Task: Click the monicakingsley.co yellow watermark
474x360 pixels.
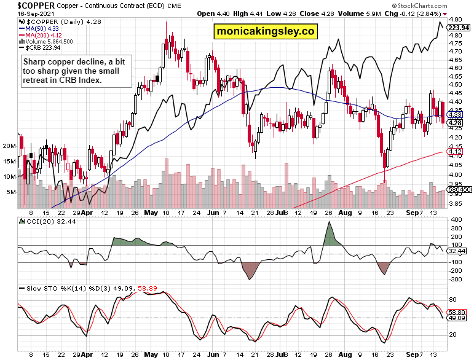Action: tap(265, 31)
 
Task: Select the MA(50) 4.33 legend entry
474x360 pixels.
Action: tap(38, 27)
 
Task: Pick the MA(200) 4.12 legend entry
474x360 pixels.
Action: tap(41, 34)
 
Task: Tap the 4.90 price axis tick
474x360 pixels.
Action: tap(455, 19)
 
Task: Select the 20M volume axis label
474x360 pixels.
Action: tap(9, 146)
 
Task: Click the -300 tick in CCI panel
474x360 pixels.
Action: tap(456, 280)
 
